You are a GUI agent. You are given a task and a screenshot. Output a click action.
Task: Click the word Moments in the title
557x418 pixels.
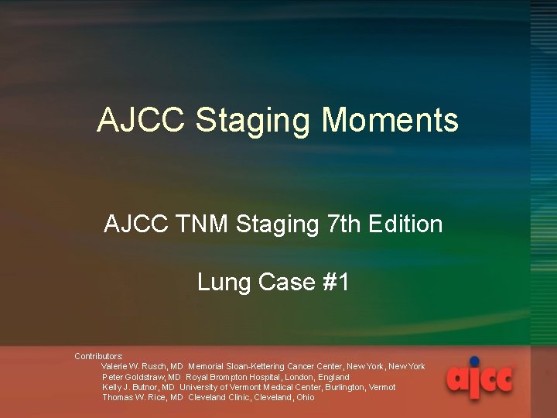pos(389,121)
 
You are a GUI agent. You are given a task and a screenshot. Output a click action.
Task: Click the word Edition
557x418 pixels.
pos(406,224)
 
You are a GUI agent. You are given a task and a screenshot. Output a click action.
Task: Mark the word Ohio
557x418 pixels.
pos(306,397)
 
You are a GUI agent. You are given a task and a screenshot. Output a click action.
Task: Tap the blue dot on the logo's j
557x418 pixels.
pos(474,361)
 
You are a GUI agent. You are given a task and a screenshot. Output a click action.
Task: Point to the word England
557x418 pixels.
pos(334,377)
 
